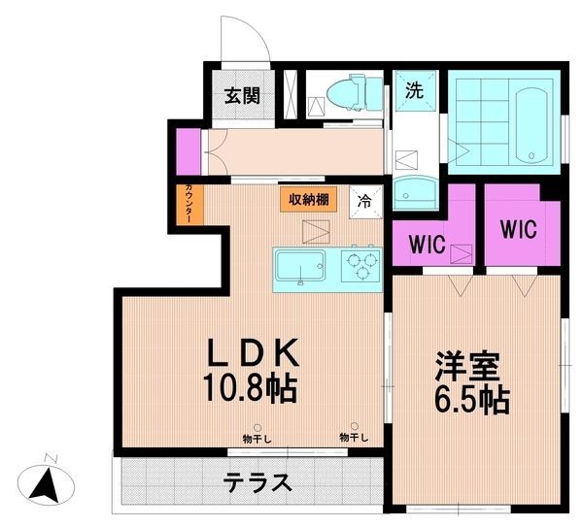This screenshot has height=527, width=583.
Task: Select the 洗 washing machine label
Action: point(415,91)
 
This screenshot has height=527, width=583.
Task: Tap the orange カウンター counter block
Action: point(189,207)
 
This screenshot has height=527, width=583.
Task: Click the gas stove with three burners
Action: point(362,264)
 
